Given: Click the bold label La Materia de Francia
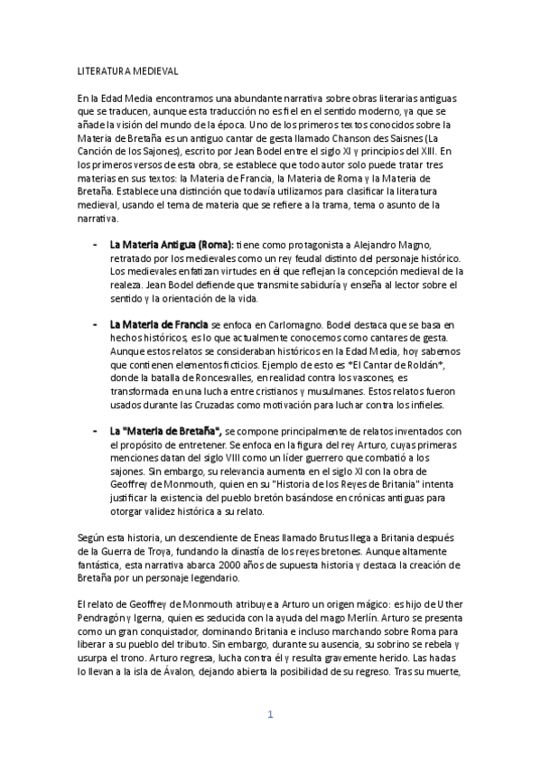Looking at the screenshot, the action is pos(158,323).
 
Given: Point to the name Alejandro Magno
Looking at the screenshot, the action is pos(405,245).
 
